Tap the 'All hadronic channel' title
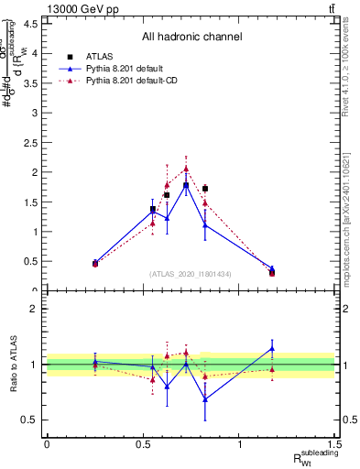(191, 37)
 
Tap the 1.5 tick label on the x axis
(337, 444)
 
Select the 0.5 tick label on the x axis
(143, 444)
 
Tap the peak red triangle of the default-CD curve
(186, 169)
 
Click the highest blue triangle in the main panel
(186, 185)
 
